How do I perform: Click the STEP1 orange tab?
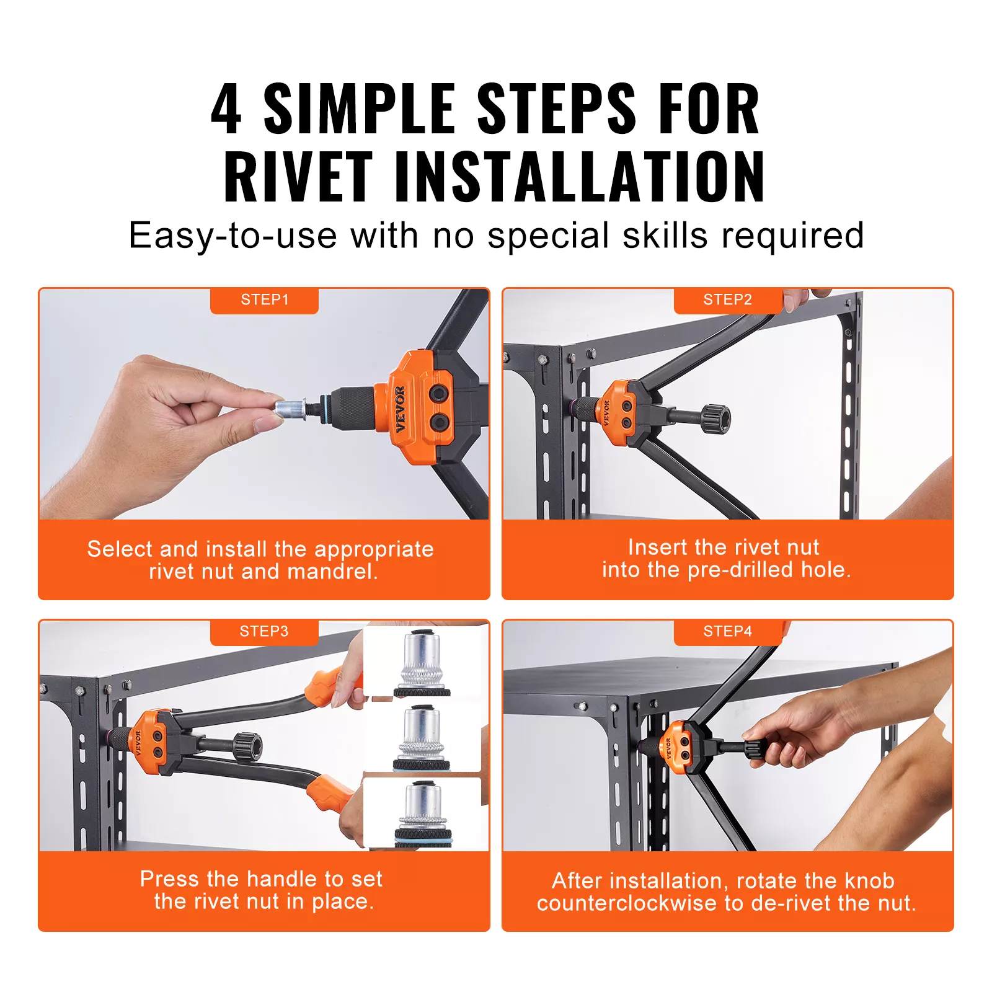(264, 301)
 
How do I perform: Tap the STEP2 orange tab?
(728, 301)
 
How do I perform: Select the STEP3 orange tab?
(264, 632)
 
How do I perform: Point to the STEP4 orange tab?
(728, 632)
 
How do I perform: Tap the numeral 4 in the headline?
(226, 109)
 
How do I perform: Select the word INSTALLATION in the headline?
(580, 177)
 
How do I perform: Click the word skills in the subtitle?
(665, 236)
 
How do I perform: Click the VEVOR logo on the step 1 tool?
(400, 409)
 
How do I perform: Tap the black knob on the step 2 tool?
(716, 419)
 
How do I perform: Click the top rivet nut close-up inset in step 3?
(423, 662)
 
